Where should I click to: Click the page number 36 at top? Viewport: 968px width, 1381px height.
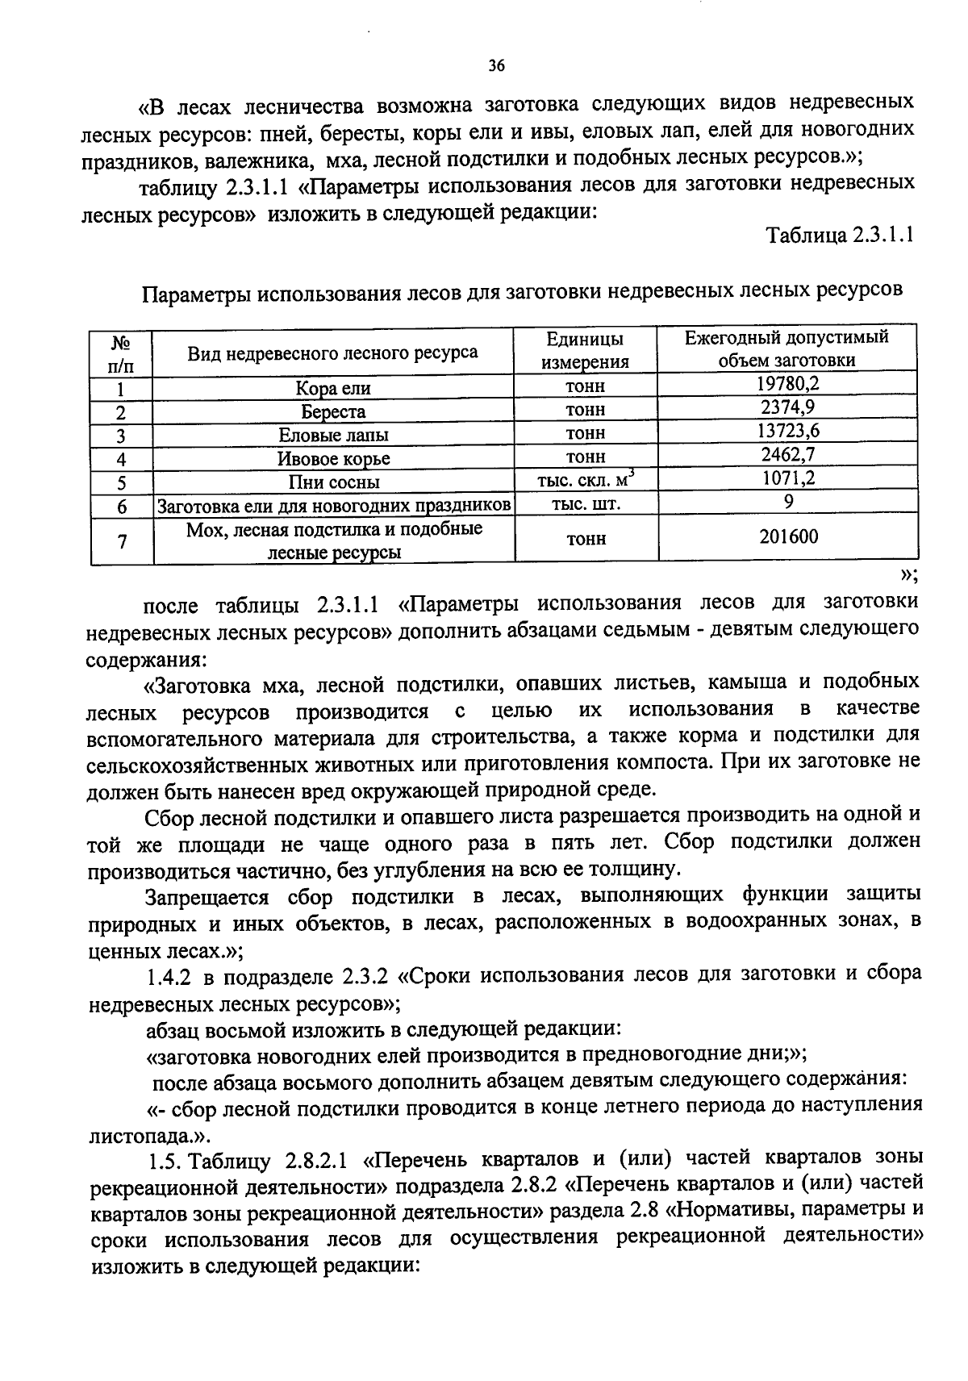(496, 66)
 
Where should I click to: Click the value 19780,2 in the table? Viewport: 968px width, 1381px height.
(787, 384)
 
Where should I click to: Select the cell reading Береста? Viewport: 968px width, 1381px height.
(333, 412)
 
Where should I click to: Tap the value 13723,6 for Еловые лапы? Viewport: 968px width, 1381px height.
(787, 431)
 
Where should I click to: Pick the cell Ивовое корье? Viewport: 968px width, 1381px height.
(333, 459)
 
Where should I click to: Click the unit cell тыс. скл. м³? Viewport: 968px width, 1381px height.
(586, 480)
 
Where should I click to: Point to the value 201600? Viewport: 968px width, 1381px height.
(787, 536)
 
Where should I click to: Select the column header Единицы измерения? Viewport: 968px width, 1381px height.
(586, 350)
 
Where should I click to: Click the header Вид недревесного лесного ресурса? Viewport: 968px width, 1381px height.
(332, 352)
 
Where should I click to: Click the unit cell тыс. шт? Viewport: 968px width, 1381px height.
(586, 503)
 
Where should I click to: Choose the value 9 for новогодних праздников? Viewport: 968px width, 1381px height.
(787, 502)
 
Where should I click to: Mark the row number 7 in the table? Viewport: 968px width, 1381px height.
(121, 540)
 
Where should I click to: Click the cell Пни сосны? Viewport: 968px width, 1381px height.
(333, 482)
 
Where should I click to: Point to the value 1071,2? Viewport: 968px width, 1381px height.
(787, 478)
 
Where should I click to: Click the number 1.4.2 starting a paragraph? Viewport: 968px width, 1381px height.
(168, 977)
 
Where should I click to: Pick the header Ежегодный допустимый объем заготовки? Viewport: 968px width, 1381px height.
(787, 348)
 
